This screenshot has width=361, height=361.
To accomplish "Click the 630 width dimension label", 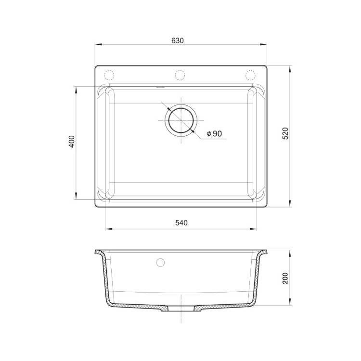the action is point(178,41).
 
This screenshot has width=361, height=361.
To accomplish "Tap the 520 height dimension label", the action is point(285,133).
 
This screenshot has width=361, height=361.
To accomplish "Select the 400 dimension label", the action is point(72,142).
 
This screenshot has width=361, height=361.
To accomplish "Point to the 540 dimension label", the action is point(181,223).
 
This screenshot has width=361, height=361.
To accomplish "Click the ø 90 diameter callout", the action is point(214,133).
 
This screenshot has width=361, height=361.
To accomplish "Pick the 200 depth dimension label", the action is point(285,278).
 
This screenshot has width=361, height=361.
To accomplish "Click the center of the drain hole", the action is point(181,120).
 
